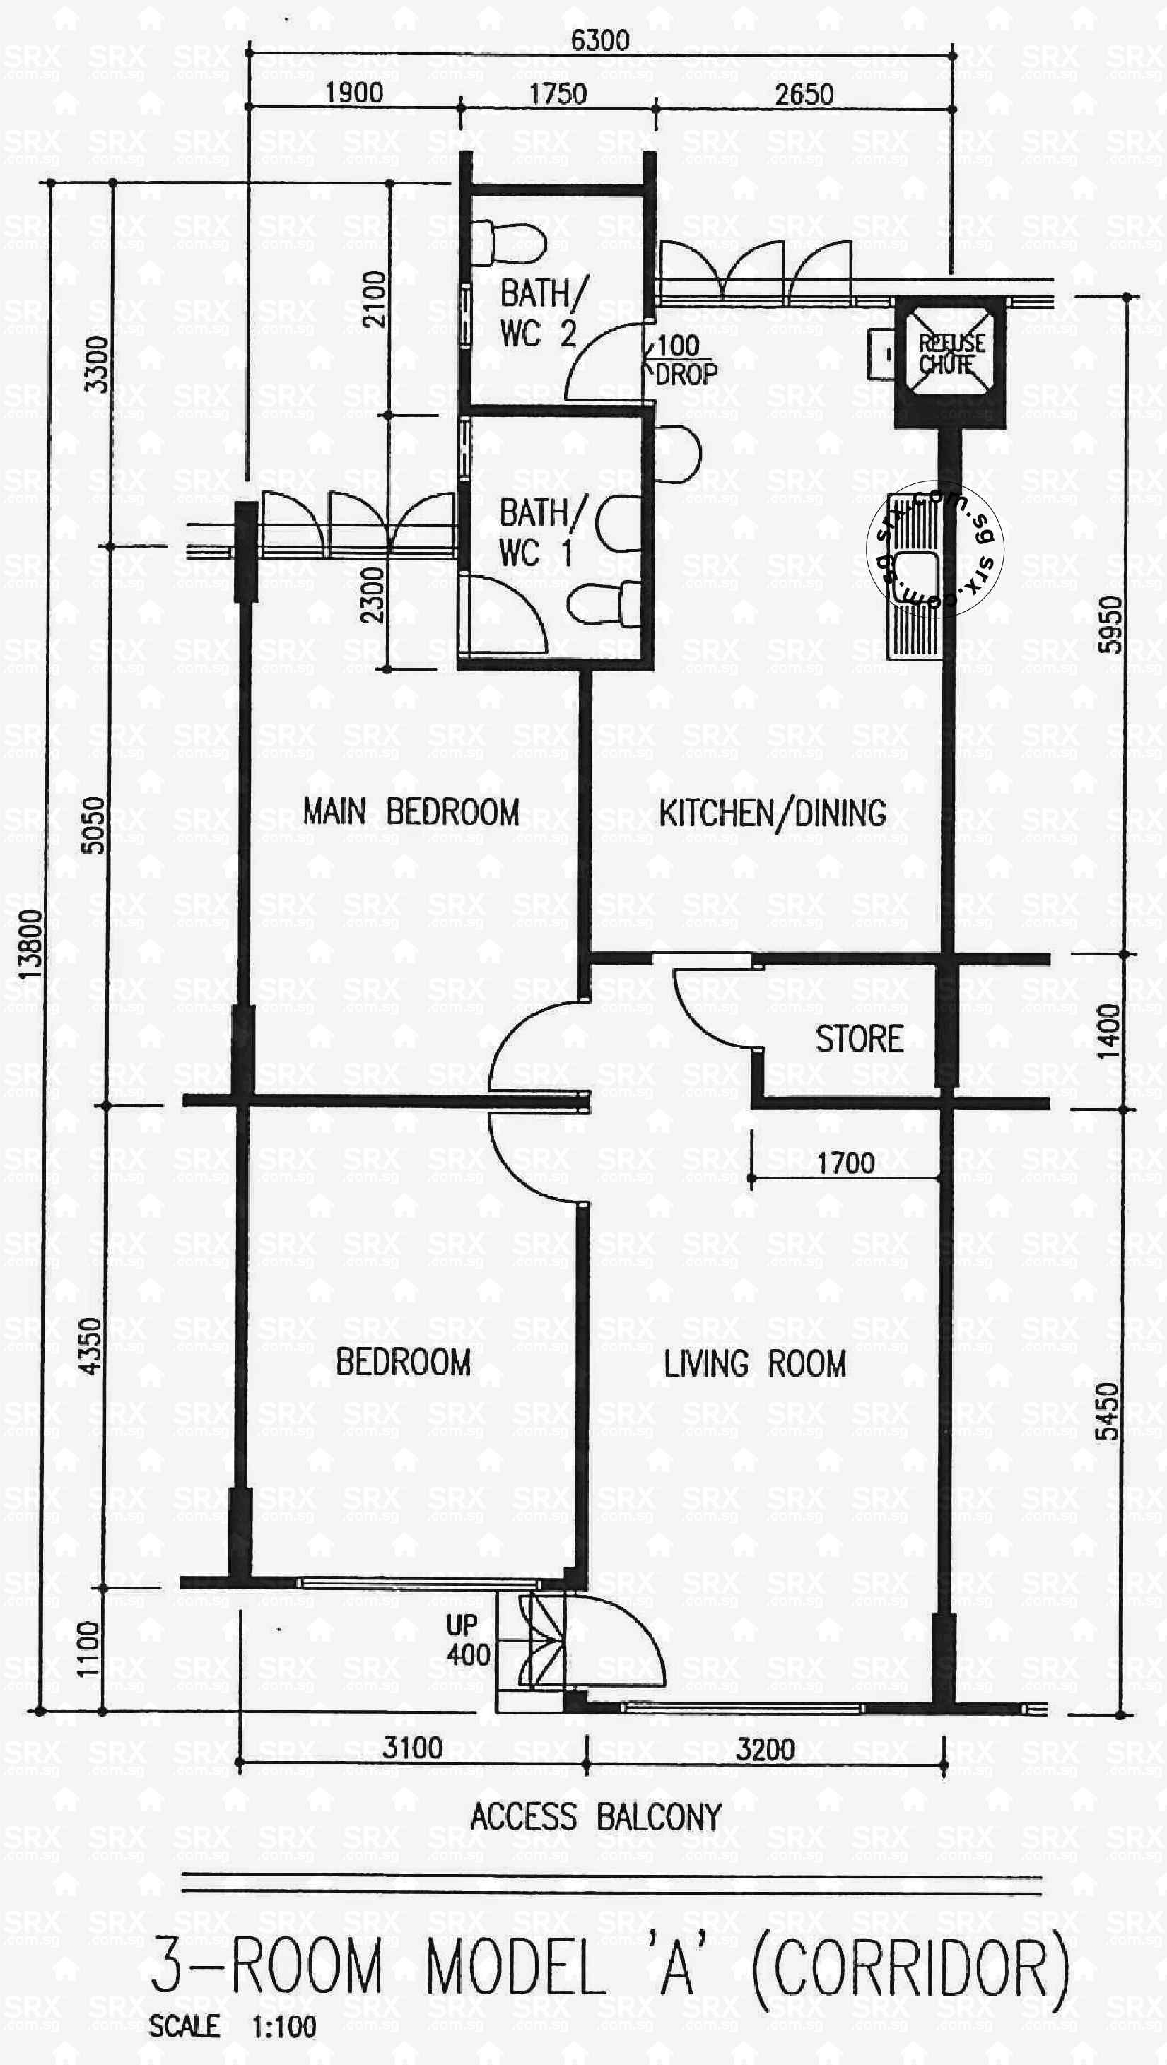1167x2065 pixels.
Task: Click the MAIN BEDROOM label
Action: [411, 811]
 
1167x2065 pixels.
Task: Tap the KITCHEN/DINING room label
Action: [773, 813]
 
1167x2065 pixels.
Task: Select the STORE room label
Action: [860, 1039]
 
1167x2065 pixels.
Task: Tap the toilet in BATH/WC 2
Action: [508, 243]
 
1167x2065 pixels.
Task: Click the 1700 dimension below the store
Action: [845, 1163]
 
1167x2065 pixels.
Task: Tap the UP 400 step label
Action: [467, 1640]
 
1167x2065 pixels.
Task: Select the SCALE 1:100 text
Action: [233, 2027]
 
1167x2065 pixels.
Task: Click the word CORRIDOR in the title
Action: [910, 1965]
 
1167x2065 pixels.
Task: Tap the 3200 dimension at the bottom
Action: [766, 1748]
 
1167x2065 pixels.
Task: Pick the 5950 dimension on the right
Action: [1110, 625]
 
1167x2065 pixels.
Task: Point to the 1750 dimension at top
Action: [558, 95]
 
